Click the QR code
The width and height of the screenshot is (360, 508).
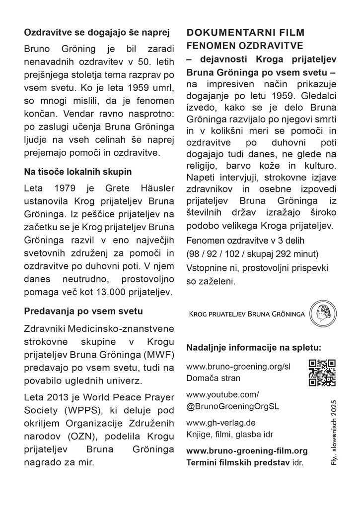tap(322, 372)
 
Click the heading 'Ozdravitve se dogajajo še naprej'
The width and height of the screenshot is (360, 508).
tap(97, 34)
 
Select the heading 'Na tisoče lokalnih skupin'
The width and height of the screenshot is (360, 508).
tap(78, 172)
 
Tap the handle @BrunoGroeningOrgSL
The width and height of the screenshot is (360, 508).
tap(232, 405)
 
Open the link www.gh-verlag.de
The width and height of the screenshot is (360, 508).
tap(220, 423)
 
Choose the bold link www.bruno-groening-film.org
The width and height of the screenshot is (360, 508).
tap(247, 451)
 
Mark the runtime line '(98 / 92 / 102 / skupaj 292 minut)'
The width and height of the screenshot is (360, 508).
tap(252, 254)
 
